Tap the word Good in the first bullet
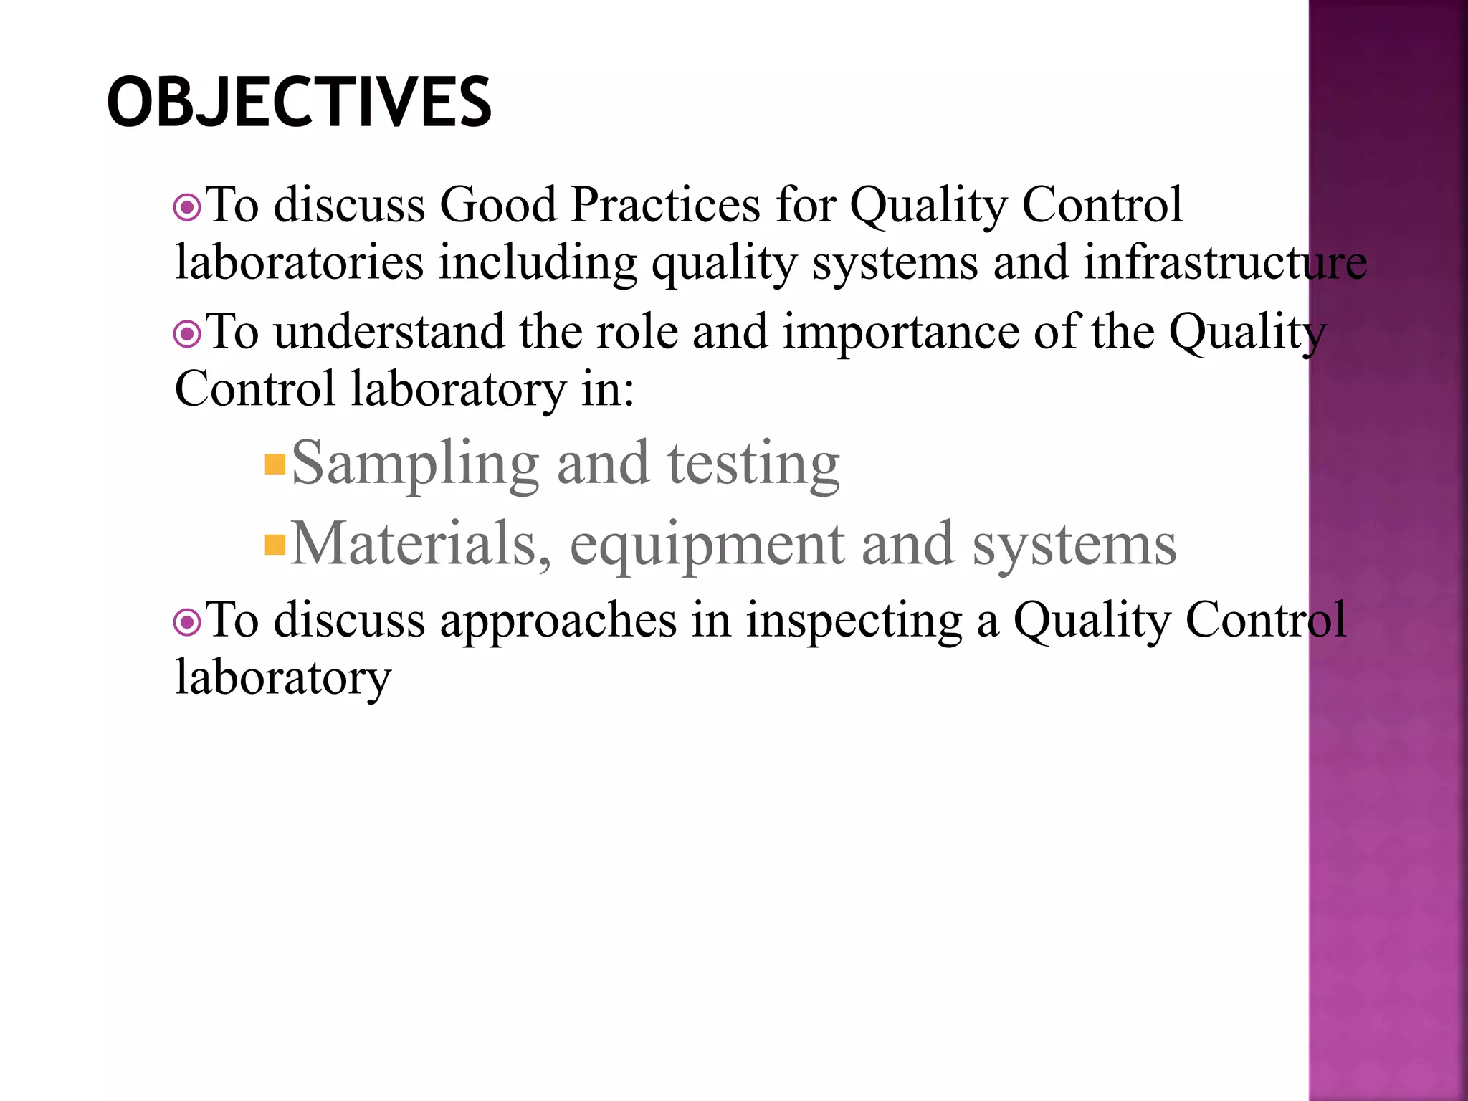(x=497, y=205)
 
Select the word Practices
(x=665, y=205)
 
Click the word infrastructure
(x=1225, y=262)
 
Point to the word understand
(x=389, y=333)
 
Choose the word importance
(x=900, y=333)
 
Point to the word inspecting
(x=854, y=621)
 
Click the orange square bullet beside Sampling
(x=275, y=464)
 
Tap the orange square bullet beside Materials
(x=275, y=545)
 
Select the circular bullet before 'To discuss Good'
(x=187, y=208)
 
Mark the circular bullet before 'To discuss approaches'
(x=187, y=622)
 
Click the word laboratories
(x=300, y=262)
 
